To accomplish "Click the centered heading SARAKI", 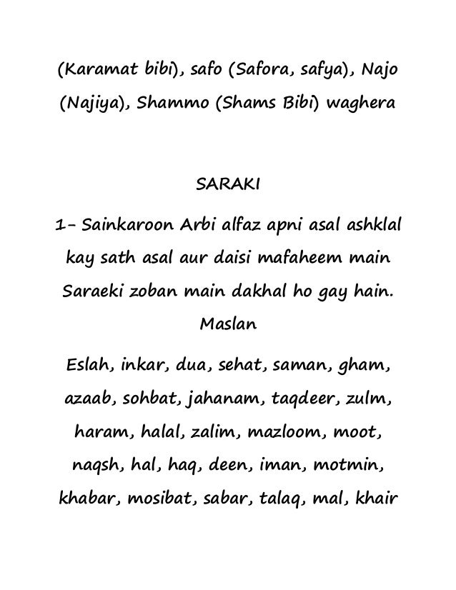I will (x=228, y=186).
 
